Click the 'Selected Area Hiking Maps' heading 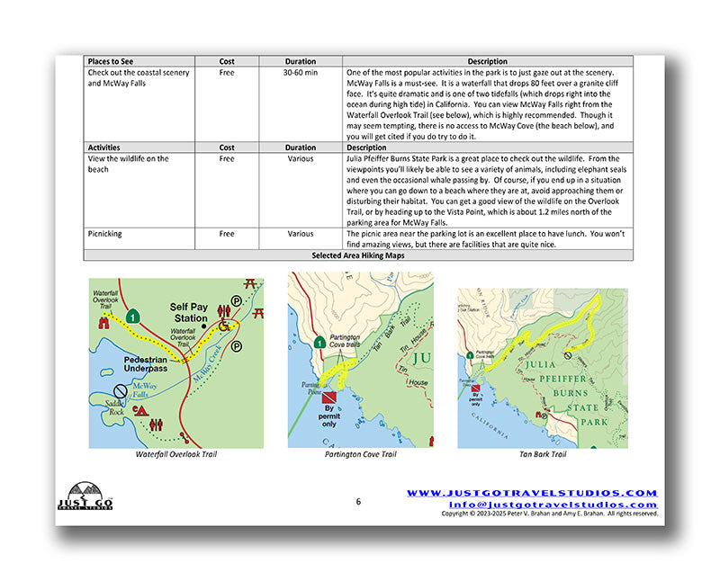click(357, 255)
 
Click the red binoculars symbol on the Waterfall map click(104, 320)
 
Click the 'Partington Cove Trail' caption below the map click(360, 455)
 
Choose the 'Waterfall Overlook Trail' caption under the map click(175, 454)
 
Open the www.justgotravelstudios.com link click(532, 493)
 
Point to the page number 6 click(357, 502)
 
